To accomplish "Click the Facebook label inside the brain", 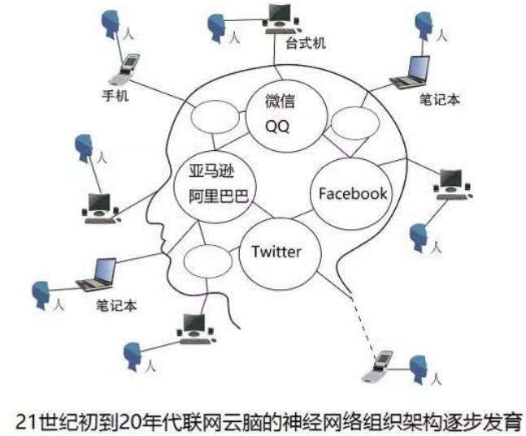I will point(352,193).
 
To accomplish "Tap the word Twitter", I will point(276,252).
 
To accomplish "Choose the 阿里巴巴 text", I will point(216,195).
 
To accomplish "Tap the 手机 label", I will point(116,94).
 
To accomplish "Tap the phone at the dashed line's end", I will point(377,369).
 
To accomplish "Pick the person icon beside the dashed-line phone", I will point(420,369).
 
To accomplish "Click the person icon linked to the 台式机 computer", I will point(216,28).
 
